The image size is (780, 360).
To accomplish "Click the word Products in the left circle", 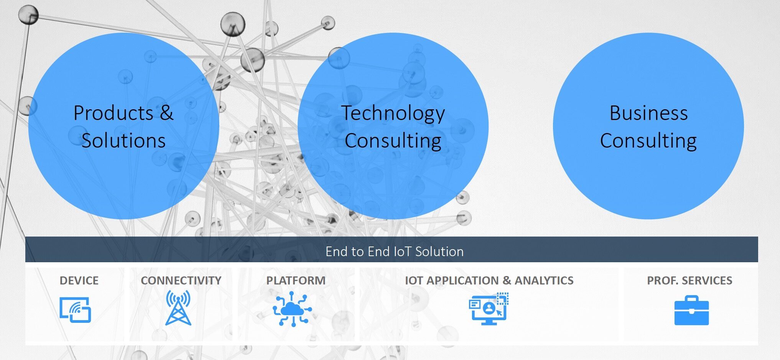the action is pyautogui.click(x=114, y=113).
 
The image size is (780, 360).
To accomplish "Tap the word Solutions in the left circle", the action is pyautogui.click(x=123, y=140).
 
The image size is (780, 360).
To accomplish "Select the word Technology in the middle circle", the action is pyautogui.click(x=393, y=114).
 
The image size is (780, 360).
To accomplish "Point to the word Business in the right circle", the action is pyautogui.click(x=648, y=113).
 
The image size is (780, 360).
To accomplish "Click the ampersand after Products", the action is pyautogui.click(x=166, y=113).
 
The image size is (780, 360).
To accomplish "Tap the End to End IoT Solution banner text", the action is pyautogui.click(x=395, y=252).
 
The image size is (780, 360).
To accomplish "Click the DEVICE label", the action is pyautogui.click(x=79, y=280).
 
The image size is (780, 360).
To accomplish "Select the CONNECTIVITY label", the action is pyautogui.click(x=181, y=280).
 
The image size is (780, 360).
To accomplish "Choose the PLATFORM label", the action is pyautogui.click(x=296, y=280).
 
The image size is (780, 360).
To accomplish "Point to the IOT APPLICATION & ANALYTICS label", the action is pyautogui.click(x=489, y=280).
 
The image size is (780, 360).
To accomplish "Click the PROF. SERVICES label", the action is pyautogui.click(x=689, y=280).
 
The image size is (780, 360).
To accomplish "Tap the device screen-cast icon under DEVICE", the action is pyautogui.click(x=75, y=310).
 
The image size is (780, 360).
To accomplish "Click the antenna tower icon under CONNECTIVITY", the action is pyautogui.click(x=178, y=308).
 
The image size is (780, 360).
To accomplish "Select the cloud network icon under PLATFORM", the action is pyautogui.click(x=292, y=309).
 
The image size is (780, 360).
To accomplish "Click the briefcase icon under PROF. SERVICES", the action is pyautogui.click(x=691, y=310).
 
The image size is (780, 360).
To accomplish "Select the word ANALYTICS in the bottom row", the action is pyautogui.click(x=544, y=280).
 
